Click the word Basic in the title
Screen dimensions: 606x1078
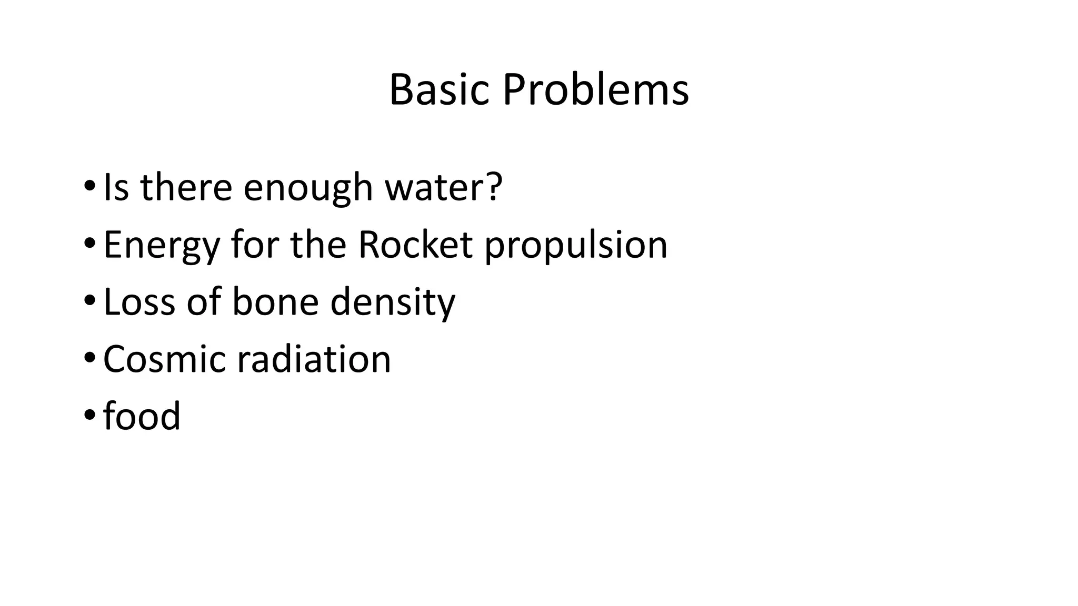pos(439,89)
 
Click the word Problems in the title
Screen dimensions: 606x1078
pos(595,89)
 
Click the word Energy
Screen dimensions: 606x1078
pos(161,246)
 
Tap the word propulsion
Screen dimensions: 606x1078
pos(575,246)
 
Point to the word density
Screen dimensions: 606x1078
pos(392,303)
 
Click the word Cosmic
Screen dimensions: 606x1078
pos(164,359)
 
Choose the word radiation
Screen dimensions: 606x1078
pos(314,359)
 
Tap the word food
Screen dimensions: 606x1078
pos(142,416)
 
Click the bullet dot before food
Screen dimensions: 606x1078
pos(89,415)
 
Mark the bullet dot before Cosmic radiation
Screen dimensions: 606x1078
pos(89,358)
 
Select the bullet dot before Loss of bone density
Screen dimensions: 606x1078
pos(89,300)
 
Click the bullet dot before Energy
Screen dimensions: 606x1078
pos(89,243)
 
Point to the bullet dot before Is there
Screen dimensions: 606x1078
pos(89,186)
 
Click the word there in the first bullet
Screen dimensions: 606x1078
pos(186,187)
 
